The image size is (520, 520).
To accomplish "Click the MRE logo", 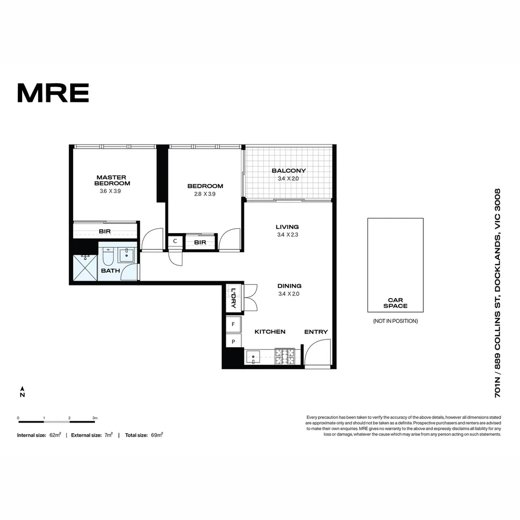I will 53,93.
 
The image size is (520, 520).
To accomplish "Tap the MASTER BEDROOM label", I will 112,180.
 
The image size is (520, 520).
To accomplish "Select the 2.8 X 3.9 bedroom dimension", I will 205,194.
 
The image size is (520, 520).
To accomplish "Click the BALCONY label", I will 288,170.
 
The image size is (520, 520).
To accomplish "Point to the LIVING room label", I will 287,227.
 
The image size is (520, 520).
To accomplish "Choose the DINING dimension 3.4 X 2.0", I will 289,294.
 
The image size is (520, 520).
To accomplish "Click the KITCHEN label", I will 270,332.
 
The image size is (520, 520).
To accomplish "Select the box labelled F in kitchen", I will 234,325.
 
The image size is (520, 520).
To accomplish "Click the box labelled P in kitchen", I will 234,341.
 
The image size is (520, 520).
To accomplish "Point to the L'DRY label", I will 234,298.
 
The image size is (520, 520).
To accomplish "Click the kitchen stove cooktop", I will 284,356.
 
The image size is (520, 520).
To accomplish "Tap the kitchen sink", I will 253,357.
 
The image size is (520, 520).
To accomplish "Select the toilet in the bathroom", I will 108,257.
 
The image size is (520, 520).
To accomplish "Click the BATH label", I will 110,271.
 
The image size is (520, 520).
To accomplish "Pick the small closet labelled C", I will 175,241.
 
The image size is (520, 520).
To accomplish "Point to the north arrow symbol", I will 22,391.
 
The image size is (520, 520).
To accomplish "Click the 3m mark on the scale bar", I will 95,418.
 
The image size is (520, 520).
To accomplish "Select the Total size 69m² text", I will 144,435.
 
